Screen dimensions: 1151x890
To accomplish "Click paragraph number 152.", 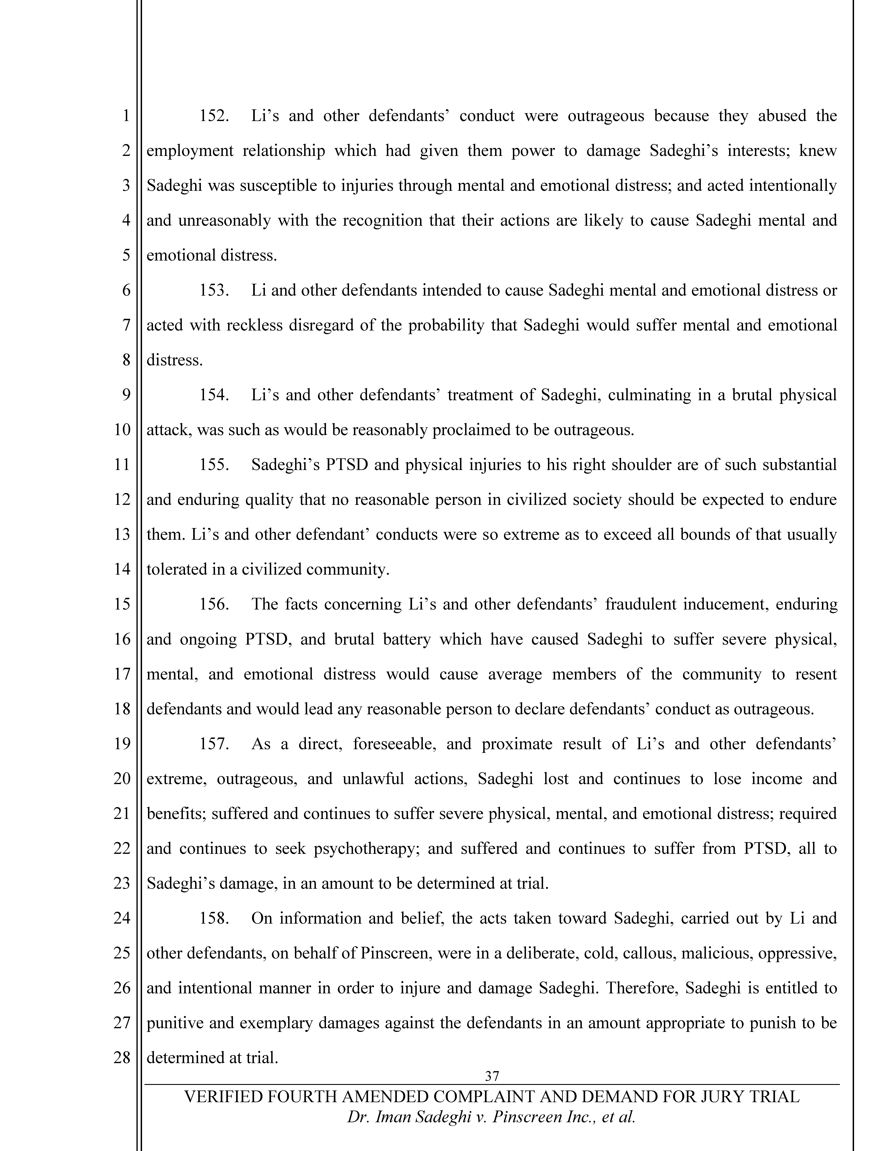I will (214, 116).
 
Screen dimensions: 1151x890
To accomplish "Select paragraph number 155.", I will (214, 465).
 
